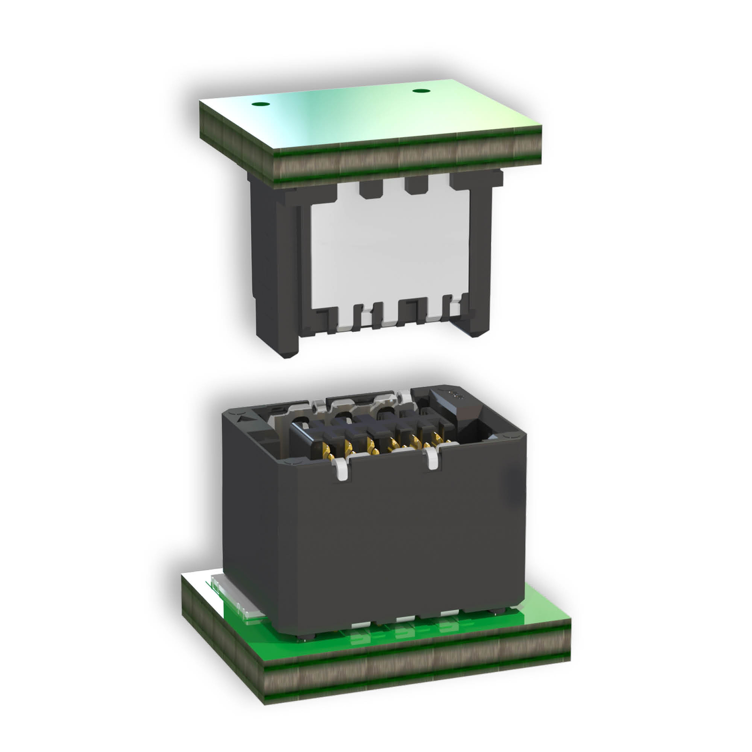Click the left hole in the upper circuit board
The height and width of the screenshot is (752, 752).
click(x=260, y=104)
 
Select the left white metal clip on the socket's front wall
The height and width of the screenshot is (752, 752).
click(x=341, y=468)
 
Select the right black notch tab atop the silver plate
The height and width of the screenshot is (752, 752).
click(x=415, y=184)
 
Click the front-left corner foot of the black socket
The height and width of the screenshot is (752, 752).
click(x=303, y=636)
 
